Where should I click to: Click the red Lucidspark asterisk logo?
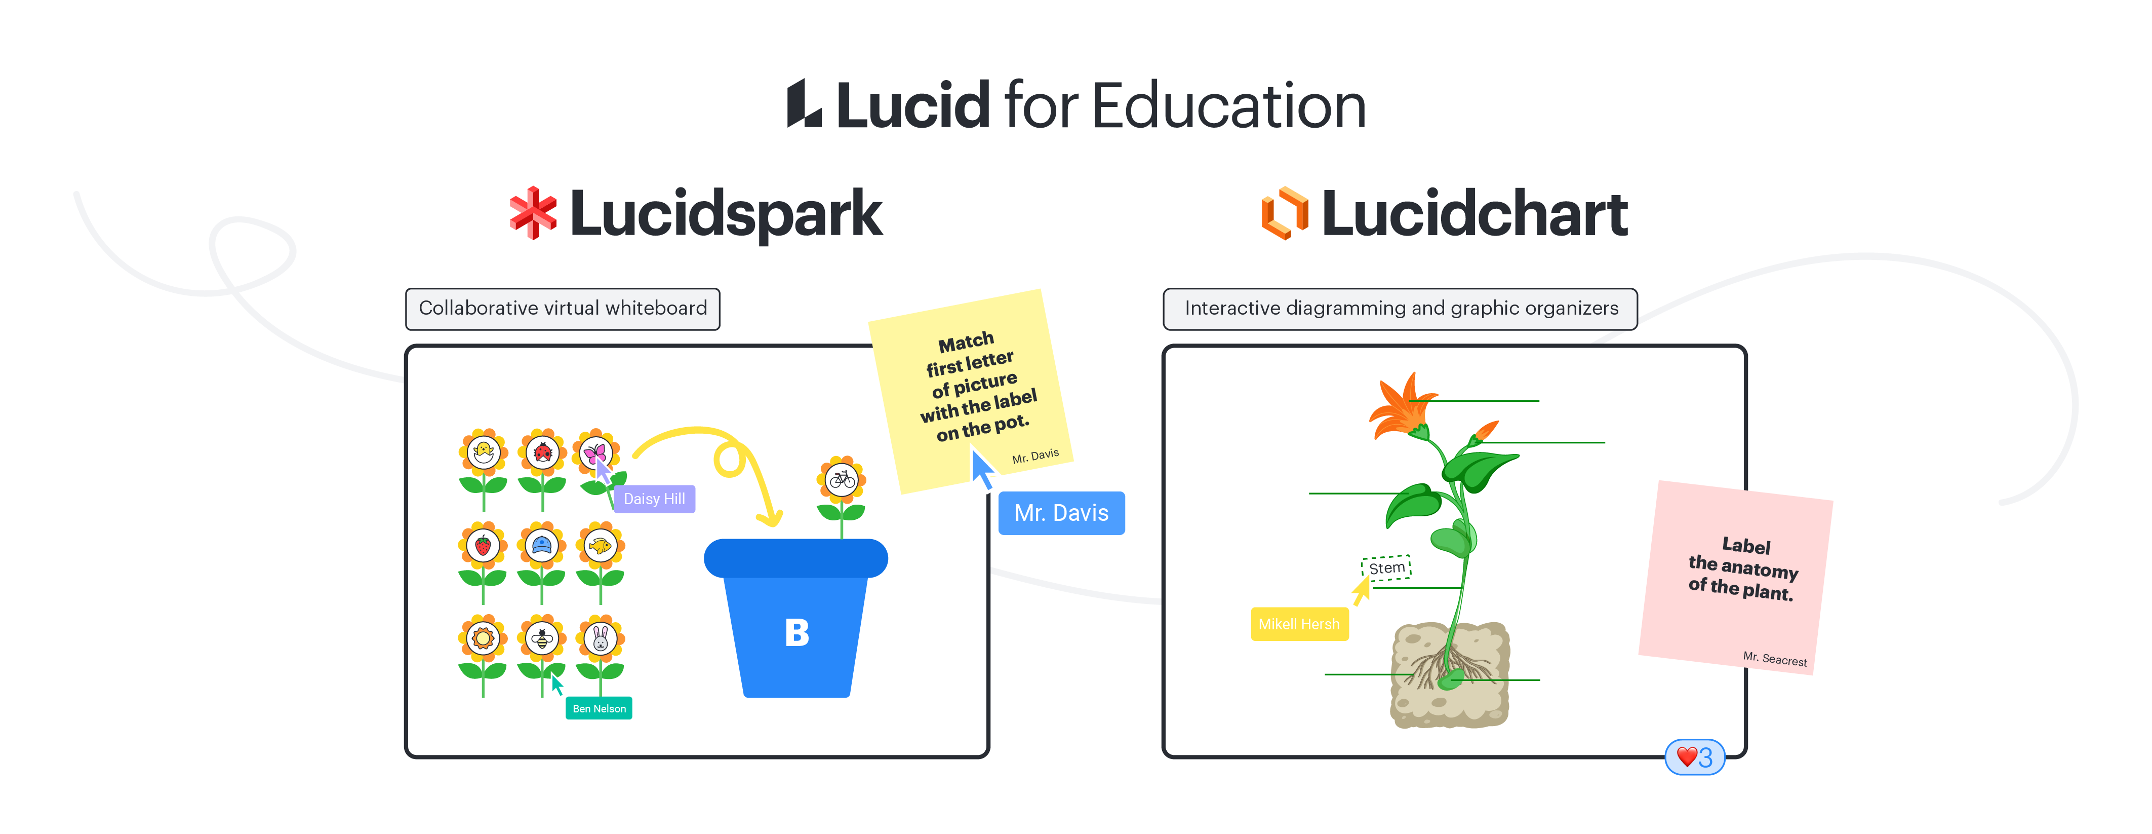click(x=533, y=213)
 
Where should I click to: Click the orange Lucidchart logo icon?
click(x=1284, y=213)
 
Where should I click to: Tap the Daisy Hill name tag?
click(x=654, y=499)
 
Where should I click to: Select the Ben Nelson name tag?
click(x=599, y=709)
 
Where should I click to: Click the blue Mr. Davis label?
click(x=1061, y=513)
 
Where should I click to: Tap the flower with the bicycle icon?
click(x=841, y=480)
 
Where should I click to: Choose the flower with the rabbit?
click(x=600, y=639)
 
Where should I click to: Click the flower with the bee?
click(x=542, y=639)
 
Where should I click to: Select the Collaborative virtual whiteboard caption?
click(x=562, y=309)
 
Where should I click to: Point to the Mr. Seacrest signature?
click(x=1774, y=659)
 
